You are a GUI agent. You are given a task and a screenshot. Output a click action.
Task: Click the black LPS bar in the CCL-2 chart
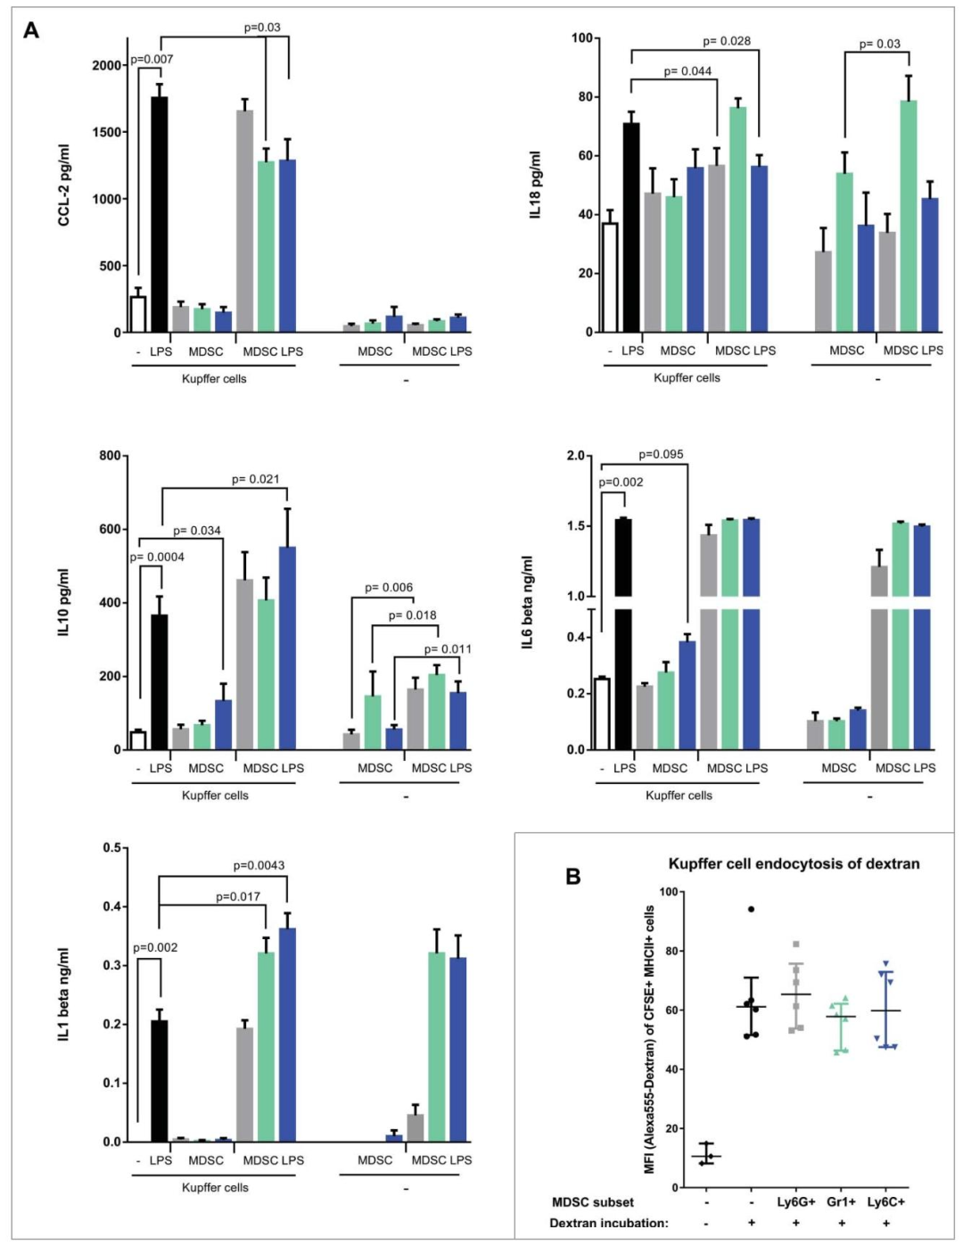click(160, 214)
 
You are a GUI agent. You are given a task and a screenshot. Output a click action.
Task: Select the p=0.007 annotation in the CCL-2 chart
click(152, 59)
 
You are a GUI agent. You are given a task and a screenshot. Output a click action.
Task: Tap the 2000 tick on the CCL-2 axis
click(108, 65)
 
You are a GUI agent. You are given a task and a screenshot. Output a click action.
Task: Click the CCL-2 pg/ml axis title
click(64, 185)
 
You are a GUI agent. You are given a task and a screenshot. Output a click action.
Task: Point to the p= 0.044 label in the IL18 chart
click(687, 71)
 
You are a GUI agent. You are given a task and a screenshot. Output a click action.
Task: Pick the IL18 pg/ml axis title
click(535, 185)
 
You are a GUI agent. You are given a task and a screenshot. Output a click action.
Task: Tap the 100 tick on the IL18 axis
click(581, 37)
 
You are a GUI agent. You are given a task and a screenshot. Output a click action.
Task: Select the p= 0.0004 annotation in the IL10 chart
click(157, 557)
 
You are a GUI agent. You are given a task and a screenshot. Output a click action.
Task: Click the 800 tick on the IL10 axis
click(111, 456)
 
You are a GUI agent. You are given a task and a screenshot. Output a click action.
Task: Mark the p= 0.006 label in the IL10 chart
click(389, 588)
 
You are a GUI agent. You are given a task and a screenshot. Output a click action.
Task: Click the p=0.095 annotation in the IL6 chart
click(661, 454)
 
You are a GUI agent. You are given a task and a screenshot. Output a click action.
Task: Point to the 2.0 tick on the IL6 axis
click(575, 456)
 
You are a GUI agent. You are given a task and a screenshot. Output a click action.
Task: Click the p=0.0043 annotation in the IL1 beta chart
click(259, 865)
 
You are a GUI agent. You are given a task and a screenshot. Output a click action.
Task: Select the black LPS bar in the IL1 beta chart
click(160, 1081)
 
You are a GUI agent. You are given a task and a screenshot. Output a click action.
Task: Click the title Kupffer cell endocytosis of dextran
click(794, 863)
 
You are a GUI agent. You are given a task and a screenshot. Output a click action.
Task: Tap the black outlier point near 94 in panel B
click(751, 909)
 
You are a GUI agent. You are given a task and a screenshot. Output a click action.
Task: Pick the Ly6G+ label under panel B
click(796, 1201)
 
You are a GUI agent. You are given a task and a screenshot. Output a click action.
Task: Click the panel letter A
click(31, 31)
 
